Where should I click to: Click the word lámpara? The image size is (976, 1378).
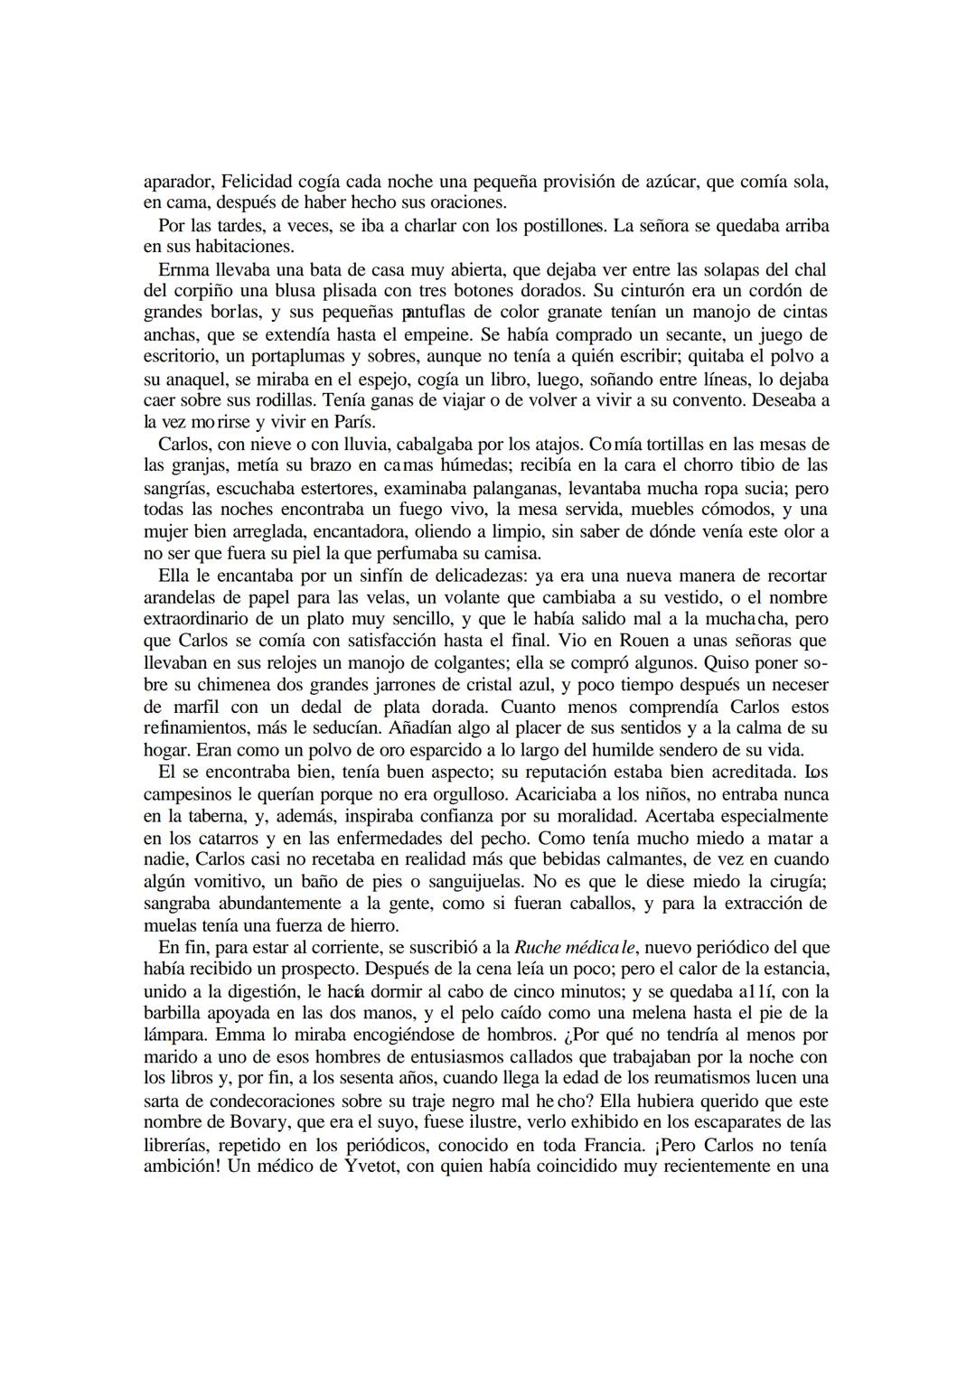coord(175,1035)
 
